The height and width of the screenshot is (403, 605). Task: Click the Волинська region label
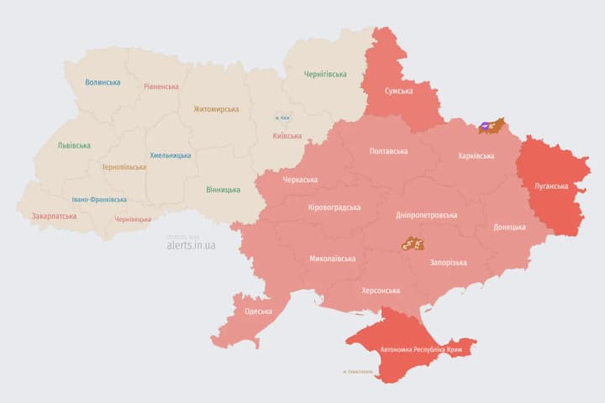[x=103, y=82]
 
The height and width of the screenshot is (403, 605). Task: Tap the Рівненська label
[x=160, y=86]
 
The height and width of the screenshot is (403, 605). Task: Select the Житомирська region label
[x=216, y=109]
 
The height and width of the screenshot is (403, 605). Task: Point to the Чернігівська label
[x=325, y=74]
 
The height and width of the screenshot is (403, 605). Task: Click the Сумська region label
[x=398, y=91]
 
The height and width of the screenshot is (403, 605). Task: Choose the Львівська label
[x=74, y=145]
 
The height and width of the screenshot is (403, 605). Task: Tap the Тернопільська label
[x=124, y=167]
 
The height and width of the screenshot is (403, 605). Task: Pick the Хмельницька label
[x=171, y=155]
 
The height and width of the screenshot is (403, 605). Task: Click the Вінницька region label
[x=223, y=189]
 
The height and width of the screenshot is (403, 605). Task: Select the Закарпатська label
[x=54, y=216]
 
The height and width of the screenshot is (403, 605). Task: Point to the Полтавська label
[x=388, y=151]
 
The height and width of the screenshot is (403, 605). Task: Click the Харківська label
[x=481, y=156]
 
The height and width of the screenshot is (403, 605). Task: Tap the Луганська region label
[x=551, y=186]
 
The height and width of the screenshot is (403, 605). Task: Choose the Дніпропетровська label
[x=426, y=215]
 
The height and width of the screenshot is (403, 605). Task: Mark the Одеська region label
[x=258, y=311]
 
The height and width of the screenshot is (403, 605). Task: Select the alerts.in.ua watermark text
[x=191, y=245]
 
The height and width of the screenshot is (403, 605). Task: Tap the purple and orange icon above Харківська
[x=491, y=126]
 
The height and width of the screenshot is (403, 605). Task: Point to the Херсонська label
[x=380, y=290]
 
